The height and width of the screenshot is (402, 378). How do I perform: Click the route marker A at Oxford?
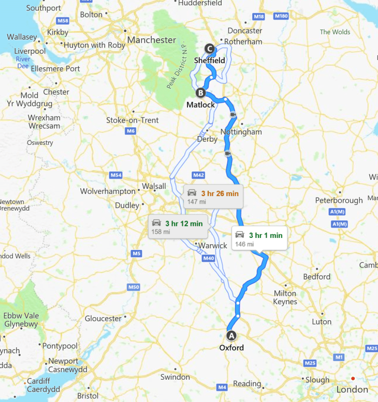pyautogui.click(x=231, y=335)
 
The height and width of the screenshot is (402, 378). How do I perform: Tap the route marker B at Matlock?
pyautogui.click(x=201, y=94)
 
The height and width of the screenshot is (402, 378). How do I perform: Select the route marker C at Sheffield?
pyautogui.click(x=210, y=49)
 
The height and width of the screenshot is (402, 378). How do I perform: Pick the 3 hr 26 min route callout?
pyautogui.click(x=213, y=197)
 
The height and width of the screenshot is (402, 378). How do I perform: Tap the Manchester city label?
pyautogui.click(x=152, y=40)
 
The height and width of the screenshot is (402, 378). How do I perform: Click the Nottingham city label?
pyautogui.click(x=241, y=132)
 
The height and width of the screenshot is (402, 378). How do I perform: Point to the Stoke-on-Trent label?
pyautogui.click(x=133, y=121)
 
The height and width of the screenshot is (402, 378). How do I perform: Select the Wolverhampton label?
pyautogui.click(x=107, y=191)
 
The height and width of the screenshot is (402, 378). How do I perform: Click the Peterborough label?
pyautogui.click(x=339, y=200)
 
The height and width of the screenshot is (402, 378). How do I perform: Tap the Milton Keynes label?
pyautogui.click(x=285, y=297)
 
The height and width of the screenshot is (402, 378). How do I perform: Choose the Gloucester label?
pyautogui.click(x=103, y=318)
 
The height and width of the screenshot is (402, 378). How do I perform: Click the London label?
pyautogui.click(x=353, y=390)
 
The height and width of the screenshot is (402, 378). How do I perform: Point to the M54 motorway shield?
pyautogui.click(x=116, y=175)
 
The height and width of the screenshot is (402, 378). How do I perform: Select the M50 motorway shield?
pyautogui.click(x=134, y=287)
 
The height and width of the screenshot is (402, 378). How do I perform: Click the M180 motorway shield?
pyautogui.click(x=281, y=17)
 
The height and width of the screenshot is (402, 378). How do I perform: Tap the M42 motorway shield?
pyautogui.click(x=199, y=175)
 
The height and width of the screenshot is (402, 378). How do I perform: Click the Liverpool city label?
pyautogui.click(x=30, y=51)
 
